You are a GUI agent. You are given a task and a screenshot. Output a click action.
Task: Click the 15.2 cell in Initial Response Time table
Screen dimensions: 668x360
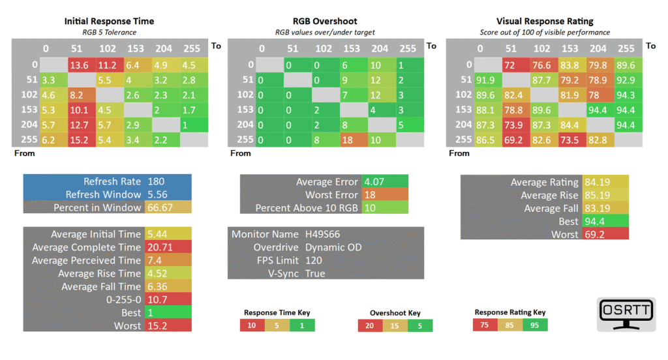click(82, 140)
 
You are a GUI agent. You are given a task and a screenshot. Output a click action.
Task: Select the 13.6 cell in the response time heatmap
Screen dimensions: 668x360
click(82, 65)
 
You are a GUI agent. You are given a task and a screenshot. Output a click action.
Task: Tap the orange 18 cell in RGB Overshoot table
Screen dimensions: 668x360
click(354, 140)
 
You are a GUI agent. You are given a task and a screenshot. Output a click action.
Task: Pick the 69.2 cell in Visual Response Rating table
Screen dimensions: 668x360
click(516, 140)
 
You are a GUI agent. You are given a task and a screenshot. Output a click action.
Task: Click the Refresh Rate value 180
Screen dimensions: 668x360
click(156, 181)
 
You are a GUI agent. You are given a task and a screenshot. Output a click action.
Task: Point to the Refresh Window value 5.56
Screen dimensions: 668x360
click(157, 194)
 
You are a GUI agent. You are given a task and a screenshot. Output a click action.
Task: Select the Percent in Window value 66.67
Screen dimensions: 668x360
click(160, 207)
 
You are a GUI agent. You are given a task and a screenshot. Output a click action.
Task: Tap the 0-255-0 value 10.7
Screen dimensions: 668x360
click(157, 299)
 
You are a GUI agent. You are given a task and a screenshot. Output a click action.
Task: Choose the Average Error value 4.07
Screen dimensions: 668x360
click(374, 181)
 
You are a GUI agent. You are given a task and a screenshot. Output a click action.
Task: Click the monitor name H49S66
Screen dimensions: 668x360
click(322, 234)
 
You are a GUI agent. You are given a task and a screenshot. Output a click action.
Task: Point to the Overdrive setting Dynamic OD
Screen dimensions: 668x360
click(333, 247)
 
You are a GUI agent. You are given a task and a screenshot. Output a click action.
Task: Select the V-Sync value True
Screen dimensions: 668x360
click(315, 273)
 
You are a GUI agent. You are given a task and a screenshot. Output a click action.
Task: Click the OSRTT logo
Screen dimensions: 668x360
click(626, 314)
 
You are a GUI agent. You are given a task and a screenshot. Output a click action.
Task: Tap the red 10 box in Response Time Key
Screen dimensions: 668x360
click(252, 325)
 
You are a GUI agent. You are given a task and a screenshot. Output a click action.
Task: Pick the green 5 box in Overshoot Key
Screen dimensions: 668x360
click(420, 326)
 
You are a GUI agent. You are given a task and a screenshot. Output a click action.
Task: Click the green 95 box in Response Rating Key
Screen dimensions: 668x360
click(535, 325)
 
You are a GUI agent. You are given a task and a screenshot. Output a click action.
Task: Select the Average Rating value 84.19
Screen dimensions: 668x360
click(598, 182)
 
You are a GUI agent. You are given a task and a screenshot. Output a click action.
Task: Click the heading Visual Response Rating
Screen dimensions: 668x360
click(545, 22)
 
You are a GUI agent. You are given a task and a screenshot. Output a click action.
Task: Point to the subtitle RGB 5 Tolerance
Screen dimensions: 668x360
click(110, 33)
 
